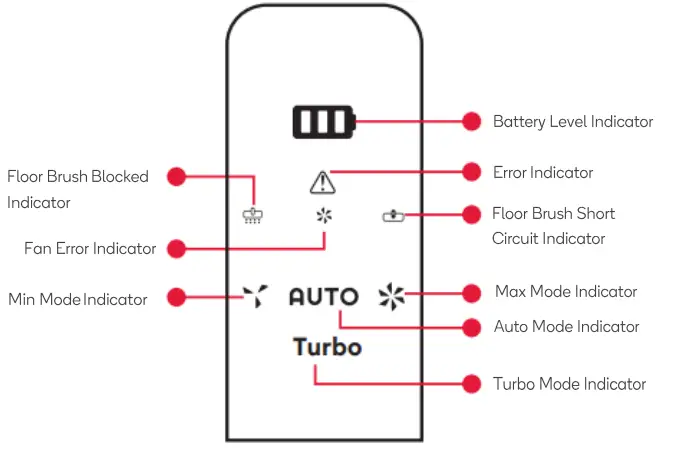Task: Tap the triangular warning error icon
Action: coord(323,182)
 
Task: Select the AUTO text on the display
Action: coord(323,297)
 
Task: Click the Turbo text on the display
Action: coord(327,347)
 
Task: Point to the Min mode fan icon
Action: coord(255,295)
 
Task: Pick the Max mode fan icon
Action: coord(391,295)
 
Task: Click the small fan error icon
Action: coord(323,215)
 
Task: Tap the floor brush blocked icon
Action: coord(253,215)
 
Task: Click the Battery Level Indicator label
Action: coord(572,122)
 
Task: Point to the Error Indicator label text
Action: coord(543,173)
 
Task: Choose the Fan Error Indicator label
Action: coord(90,248)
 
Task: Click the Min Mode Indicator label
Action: coord(78,299)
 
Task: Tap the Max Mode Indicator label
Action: coord(566,292)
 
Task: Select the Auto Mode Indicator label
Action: coord(566,327)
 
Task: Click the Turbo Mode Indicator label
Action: coord(569,384)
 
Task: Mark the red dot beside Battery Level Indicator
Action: coord(472,121)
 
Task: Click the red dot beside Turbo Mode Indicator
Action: coord(472,384)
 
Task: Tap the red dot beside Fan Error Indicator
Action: coord(177,248)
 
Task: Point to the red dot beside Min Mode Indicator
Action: coord(177,297)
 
